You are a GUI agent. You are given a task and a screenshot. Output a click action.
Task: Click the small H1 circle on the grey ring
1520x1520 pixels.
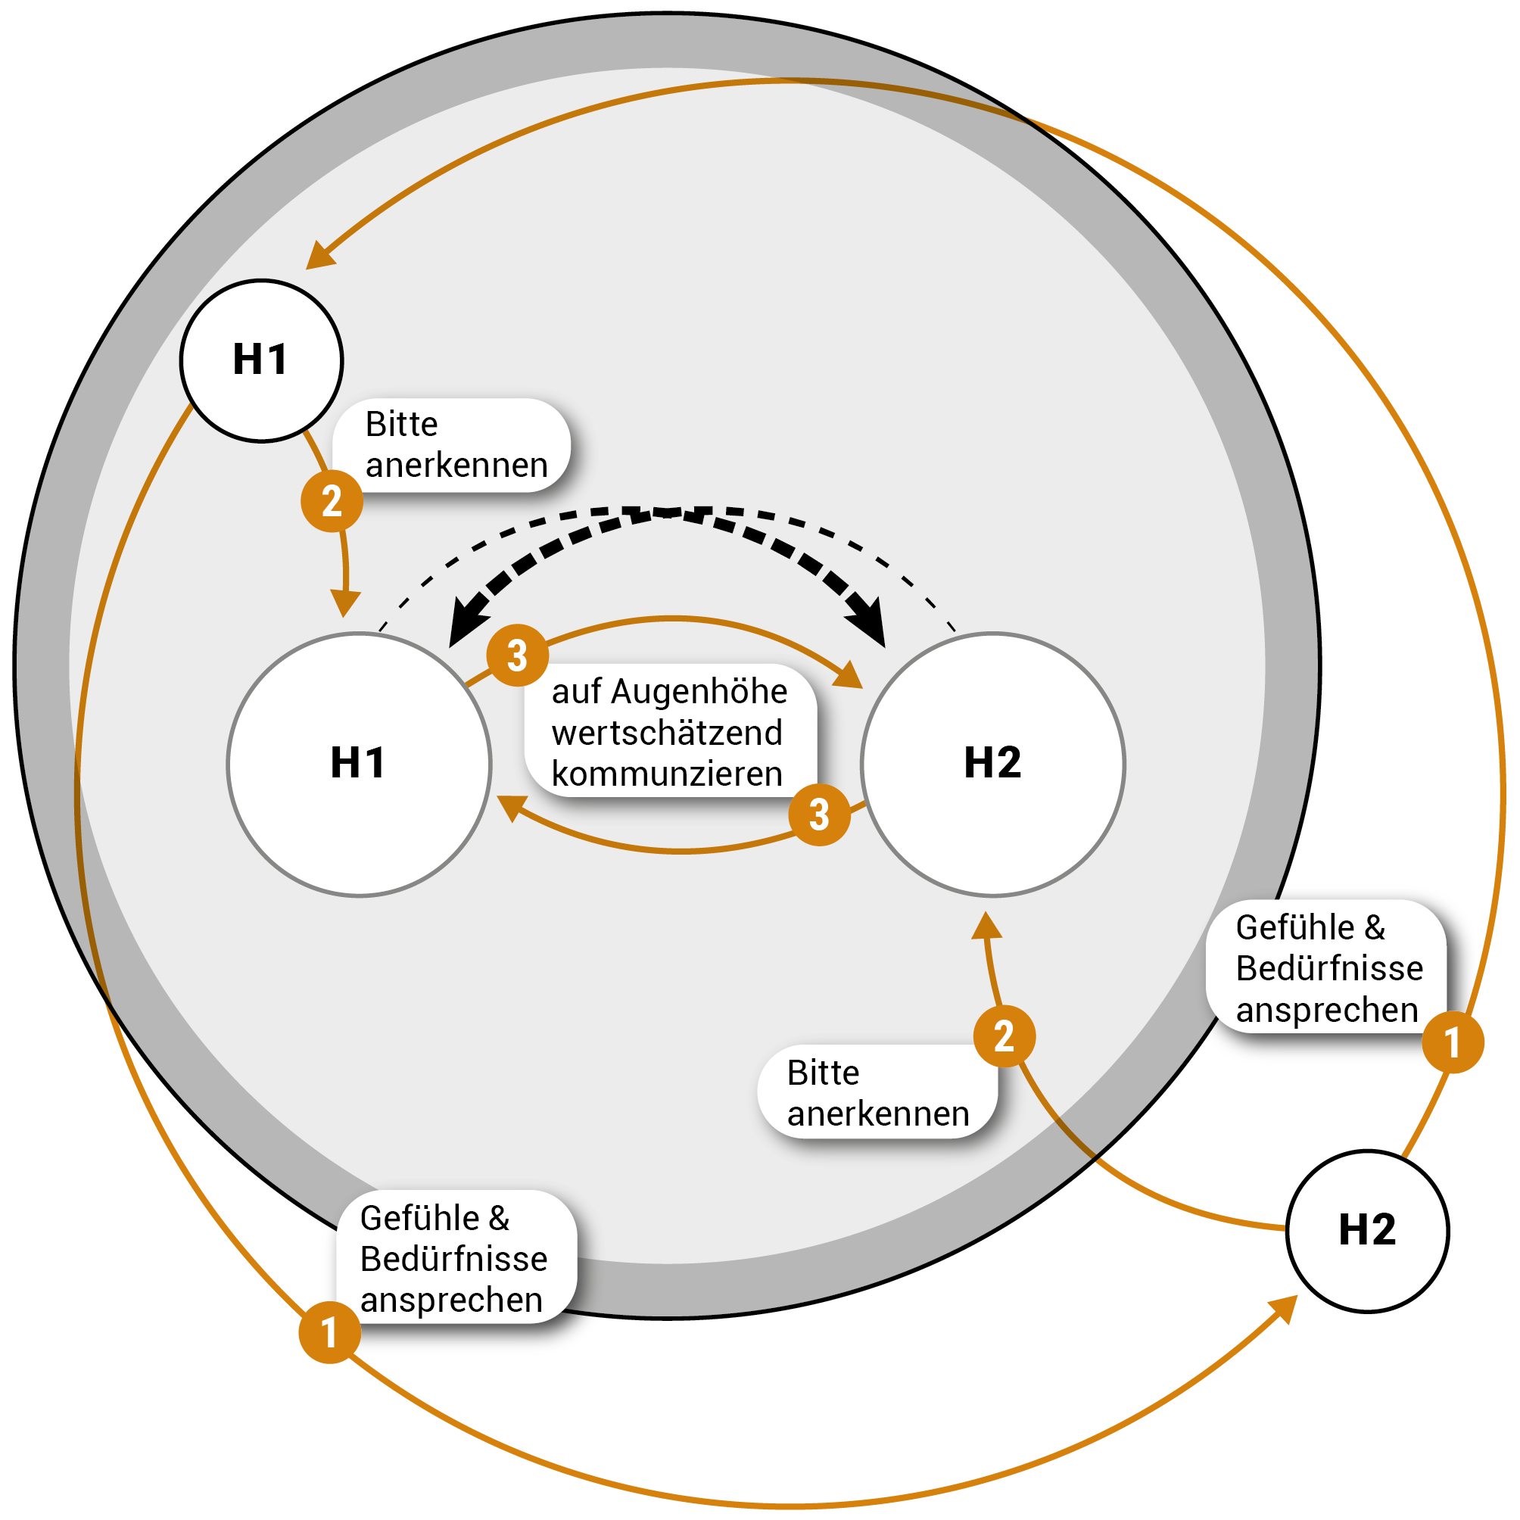coord(261,360)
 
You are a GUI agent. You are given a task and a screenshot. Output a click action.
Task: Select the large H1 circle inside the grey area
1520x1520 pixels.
coord(359,764)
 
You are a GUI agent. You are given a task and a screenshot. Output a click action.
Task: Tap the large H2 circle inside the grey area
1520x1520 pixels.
coord(993,764)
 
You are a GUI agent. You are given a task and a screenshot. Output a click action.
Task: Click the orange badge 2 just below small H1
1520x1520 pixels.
coord(332,501)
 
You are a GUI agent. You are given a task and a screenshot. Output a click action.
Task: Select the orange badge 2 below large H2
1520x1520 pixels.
coord(1004,1036)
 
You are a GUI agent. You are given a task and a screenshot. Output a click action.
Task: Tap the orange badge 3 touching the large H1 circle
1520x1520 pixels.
coord(517,655)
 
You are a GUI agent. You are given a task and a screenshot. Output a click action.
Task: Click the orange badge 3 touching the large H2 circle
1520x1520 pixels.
coord(819,815)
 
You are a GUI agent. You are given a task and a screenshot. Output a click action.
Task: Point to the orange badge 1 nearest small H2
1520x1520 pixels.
coord(1453,1042)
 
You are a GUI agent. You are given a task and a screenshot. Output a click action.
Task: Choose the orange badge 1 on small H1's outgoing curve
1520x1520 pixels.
coord(329,1332)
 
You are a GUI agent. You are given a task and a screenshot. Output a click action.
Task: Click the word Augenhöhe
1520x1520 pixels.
coord(699,692)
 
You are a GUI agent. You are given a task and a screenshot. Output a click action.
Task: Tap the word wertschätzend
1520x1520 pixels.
coord(667,733)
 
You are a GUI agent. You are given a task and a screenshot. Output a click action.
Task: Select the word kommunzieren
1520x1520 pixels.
coord(667,774)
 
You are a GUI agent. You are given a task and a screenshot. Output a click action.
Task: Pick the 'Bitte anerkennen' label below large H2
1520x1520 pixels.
coord(877,1093)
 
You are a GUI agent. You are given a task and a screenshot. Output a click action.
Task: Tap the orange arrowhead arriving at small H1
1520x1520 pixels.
coord(319,257)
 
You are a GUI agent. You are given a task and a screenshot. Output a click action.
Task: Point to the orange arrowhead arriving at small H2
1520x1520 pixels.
coord(1283,1309)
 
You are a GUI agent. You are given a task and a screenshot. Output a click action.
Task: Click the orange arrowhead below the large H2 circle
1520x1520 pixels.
coord(986,926)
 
